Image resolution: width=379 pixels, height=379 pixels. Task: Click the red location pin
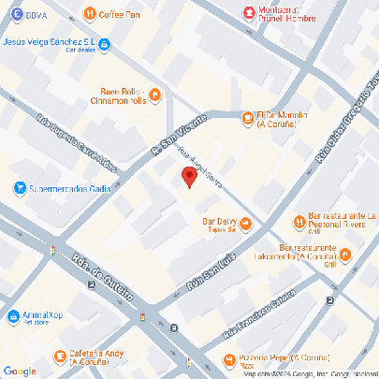(188, 177)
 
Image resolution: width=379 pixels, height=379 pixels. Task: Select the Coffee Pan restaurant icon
(89, 14)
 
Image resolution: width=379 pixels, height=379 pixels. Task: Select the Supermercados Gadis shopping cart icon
(19, 188)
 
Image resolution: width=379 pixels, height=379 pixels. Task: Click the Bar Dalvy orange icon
(245, 223)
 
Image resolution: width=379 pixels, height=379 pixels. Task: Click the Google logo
(19, 371)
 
